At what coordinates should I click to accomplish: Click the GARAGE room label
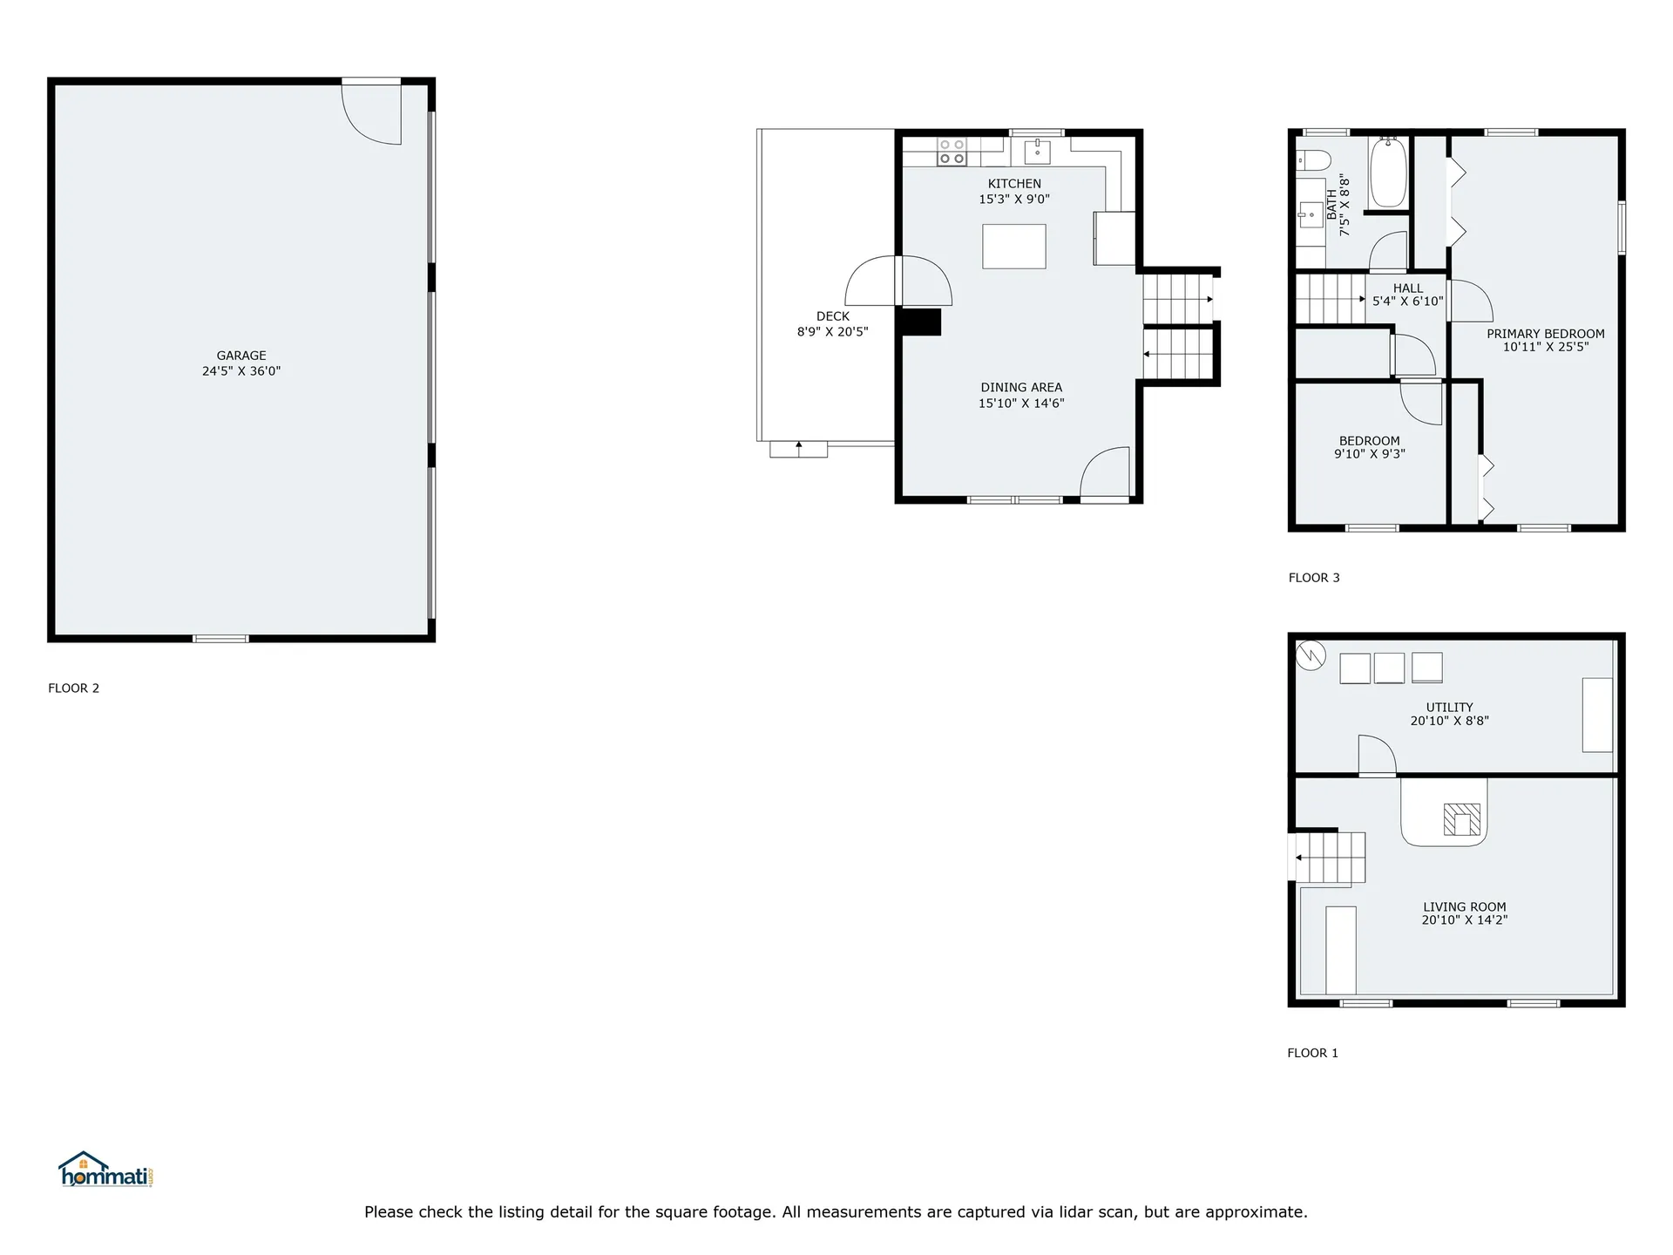click(x=241, y=356)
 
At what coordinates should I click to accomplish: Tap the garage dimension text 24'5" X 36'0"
click(x=241, y=371)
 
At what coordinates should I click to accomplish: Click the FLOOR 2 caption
click(x=74, y=689)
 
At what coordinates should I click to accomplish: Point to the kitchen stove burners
click(x=952, y=152)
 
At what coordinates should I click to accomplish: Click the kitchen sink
click(x=1037, y=152)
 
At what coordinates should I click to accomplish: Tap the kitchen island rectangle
click(x=1014, y=247)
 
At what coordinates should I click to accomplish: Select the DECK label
click(x=833, y=316)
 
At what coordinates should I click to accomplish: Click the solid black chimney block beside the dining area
click(x=920, y=322)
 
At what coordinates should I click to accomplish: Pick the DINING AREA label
click(x=1021, y=388)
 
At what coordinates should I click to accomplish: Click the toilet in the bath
click(x=1313, y=160)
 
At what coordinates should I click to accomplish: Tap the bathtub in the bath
click(x=1388, y=172)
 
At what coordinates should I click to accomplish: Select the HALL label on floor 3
click(x=1408, y=288)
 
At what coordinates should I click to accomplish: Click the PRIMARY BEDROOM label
click(x=1546, y=334)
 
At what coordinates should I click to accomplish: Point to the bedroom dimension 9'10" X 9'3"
click(x=1370, y=454)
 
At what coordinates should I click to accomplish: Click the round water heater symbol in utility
click(x=1311, y=655)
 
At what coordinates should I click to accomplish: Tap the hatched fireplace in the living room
click(x=1462, y=819)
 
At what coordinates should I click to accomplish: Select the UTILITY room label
click(x=1450, y=708)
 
